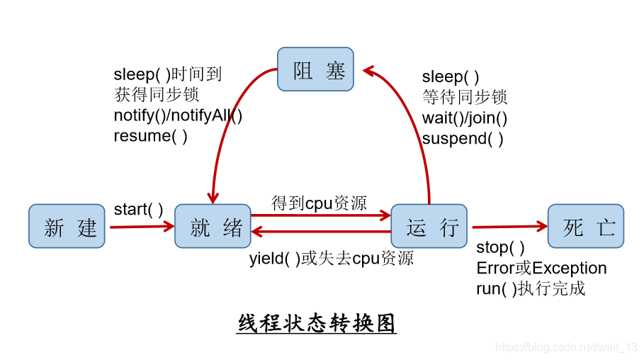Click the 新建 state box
coord(67,226)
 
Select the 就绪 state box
coord(213,226)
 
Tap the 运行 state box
coord(429,226)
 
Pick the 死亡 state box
coord(586,226)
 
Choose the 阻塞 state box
coord(315,69)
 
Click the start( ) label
coord(138,210)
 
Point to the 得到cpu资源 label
coord(319,203)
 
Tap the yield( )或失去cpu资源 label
coord(331,258)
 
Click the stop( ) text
coord(500,248)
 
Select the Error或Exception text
coord(541,269)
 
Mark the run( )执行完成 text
coord(530,288)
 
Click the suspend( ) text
coord(463,139)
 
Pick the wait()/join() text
coord(465,118)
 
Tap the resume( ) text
coord(150,136)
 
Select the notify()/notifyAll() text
coord(178,115)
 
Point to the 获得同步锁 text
coord(157,94)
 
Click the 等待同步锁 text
coord(465,98)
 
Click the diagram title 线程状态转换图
coord(317,323)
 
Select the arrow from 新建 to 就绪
coord(142,227)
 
